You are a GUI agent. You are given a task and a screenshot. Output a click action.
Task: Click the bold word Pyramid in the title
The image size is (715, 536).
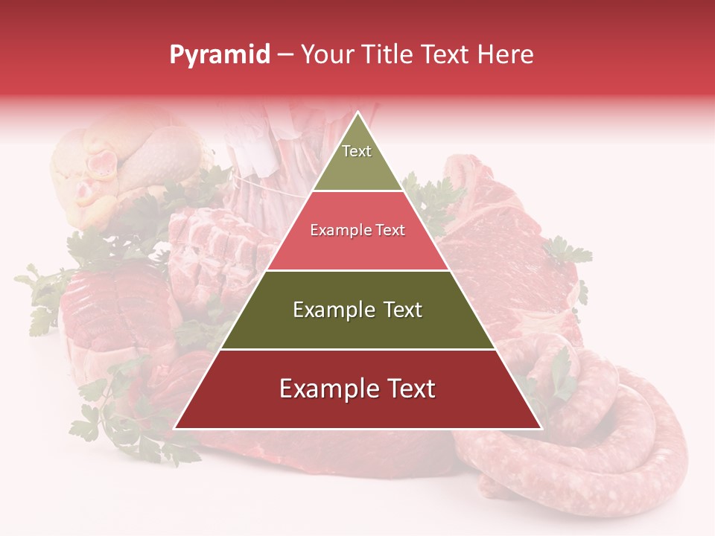tap(219, 55)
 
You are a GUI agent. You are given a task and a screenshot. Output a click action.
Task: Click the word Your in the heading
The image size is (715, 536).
tap(327, 54)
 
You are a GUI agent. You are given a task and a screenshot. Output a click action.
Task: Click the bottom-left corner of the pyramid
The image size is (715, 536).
tap(176, 428)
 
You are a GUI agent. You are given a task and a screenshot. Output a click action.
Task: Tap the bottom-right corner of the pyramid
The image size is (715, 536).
tap(541, 428)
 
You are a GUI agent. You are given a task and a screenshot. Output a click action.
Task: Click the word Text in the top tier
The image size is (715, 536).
tap(357, 151)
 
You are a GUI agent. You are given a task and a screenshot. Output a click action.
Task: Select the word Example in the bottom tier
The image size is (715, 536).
tap(325, 389)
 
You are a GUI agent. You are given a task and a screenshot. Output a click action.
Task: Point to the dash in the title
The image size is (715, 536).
tap(285, 55)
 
